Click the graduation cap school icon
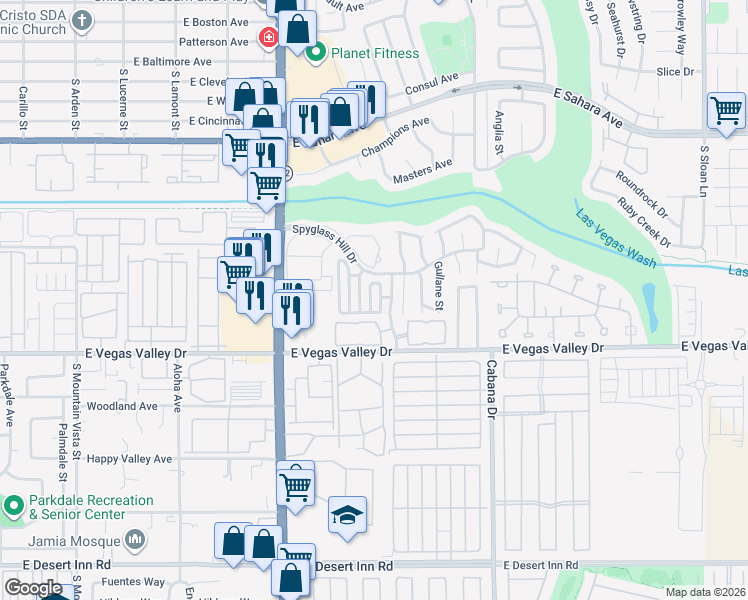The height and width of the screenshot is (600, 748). point(347,516)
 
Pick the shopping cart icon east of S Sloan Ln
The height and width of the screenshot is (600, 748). point(726,110)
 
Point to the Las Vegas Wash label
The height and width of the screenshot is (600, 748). point(615,237)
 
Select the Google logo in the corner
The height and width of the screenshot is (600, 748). point(33,588)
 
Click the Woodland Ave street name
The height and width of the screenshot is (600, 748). point(122,406)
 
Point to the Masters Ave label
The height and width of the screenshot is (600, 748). point(423,170)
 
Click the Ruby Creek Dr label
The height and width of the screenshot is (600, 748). point(644,220)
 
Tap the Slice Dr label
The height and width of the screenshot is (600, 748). point(675,72)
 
